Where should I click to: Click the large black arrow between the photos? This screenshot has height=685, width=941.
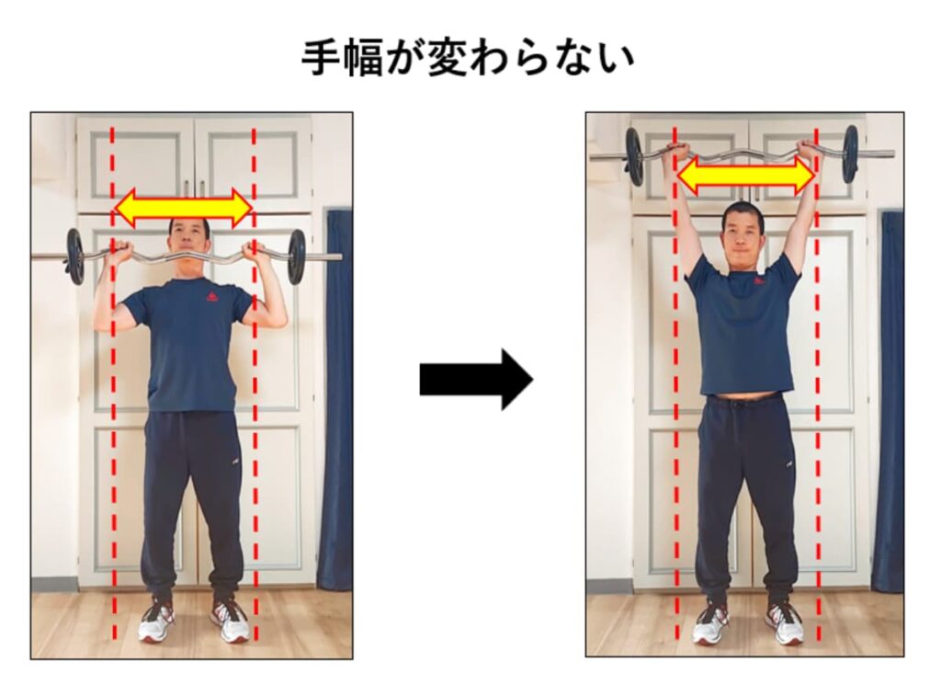475,378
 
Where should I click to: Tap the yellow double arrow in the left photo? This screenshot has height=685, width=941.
183,208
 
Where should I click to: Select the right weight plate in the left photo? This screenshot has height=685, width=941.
296,257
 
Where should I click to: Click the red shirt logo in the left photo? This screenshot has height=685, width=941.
212,296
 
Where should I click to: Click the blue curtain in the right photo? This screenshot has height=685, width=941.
889,395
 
